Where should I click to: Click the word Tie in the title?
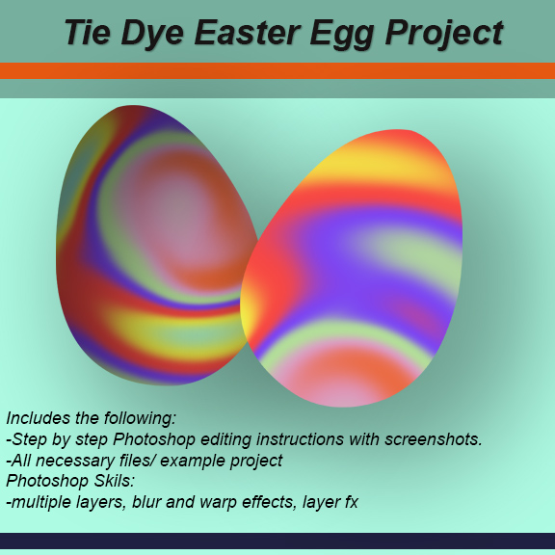pos(87,32)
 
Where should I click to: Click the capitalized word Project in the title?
pos(444,32)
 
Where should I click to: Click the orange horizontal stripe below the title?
pos(277,70)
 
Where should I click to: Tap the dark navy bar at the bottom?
pos(277,541)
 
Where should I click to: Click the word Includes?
pos(40,418)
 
